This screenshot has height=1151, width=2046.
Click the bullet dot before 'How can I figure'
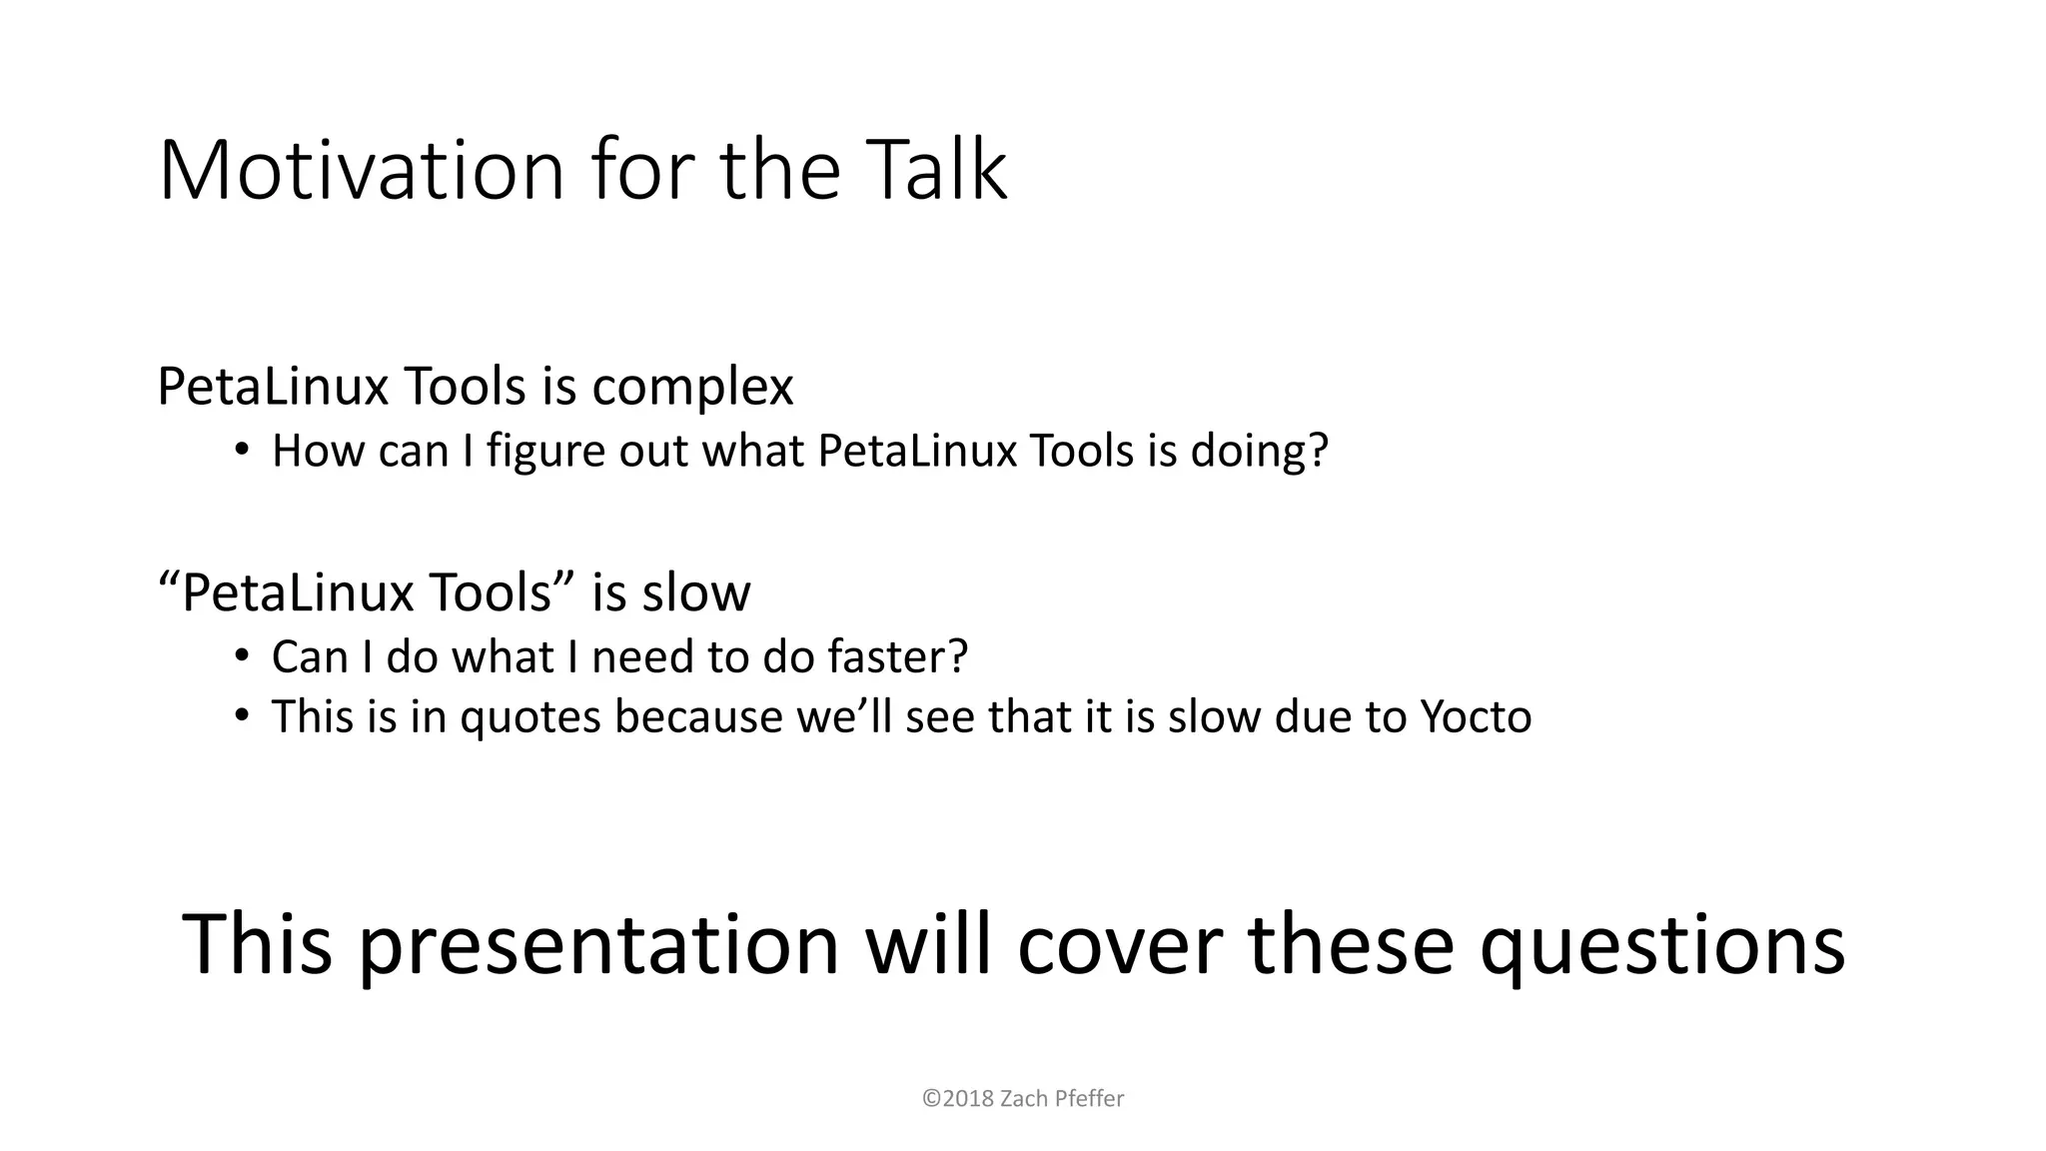click(x=241, y=450)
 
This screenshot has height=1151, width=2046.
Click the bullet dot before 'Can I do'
click(x=241, y=655)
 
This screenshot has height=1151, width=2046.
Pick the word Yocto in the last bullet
click(x=1476, y=716)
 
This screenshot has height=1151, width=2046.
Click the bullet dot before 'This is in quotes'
click(x=241, y=715)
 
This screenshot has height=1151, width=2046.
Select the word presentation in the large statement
click(x=598, y=945)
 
